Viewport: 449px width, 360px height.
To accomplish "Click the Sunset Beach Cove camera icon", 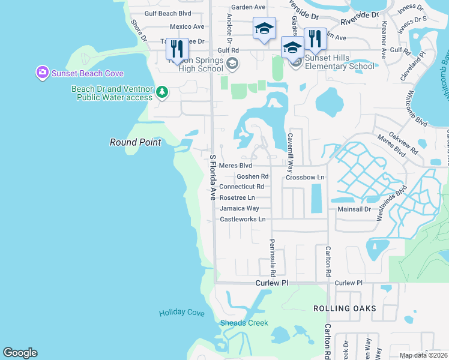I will click(42, 73).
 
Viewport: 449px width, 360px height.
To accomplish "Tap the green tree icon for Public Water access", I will click(161, 92).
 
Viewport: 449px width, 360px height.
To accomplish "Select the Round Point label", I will click(135, 142).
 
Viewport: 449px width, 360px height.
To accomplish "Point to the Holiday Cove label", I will click(181, 313).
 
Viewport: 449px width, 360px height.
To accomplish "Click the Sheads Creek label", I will click(240, 323).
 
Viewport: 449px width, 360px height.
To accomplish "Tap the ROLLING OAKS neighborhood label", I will click(345, 308).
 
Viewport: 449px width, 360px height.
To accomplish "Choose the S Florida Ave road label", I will click(212, 177).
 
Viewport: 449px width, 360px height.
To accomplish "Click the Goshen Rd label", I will click(252, 176).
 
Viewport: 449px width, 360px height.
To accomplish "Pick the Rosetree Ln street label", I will click(237, 197).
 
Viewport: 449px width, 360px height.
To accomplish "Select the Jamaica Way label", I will click(239, 208).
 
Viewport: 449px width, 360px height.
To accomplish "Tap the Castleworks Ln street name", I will click(243, 219).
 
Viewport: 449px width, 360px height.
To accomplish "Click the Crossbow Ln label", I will click(304, 178).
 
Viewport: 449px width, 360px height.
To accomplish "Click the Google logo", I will click(20, 353).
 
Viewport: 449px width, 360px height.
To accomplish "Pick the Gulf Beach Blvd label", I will click(168, 13).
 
